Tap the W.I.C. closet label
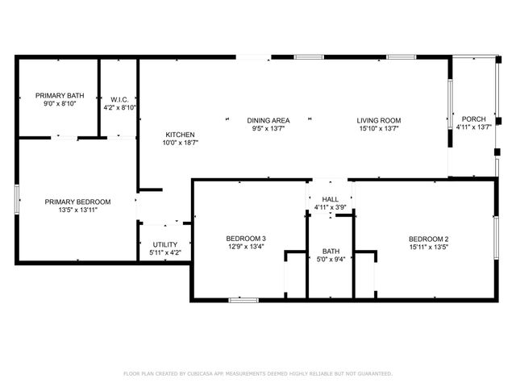click(120, 99)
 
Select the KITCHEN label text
click(180, 135)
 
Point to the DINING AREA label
click(268, 120)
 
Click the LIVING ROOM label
click(379, 120)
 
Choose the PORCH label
click(473, 119)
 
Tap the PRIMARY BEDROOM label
click(77, 202)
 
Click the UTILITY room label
click(164, 244)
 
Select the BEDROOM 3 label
click(246, 239)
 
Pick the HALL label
click(331, 199)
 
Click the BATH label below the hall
click(331, 251)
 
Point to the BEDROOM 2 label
click(428, 239)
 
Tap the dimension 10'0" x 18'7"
click(180, 143)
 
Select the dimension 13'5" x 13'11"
click(77, 210)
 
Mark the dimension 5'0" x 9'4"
click(331, 259)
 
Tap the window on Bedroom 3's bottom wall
click(243, 300)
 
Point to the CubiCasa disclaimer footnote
click(257, 373)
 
